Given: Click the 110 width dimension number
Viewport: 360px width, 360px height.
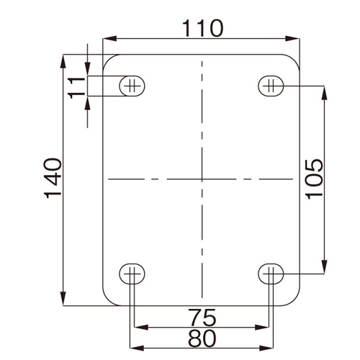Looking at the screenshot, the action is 203,29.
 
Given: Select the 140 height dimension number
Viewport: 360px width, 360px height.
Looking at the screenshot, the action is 53,178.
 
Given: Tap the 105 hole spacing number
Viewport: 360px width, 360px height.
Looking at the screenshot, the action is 315,179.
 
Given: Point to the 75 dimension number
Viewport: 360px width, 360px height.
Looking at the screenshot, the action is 202,317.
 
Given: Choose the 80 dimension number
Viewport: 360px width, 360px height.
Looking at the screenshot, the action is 202,338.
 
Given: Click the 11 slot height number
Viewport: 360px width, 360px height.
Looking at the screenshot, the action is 77,88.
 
